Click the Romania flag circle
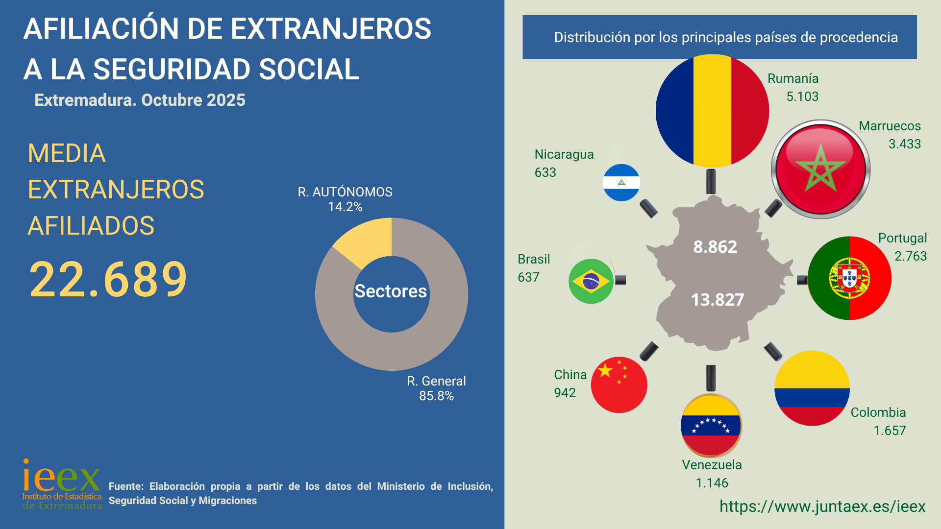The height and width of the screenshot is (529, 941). tap(712, 111)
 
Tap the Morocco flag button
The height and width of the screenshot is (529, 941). tap(820, 169)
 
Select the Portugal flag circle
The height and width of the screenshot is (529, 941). tap(849, 278)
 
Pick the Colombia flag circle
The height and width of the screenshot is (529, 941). tap(812, 388)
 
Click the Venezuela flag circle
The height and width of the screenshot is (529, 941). tap(711, 425)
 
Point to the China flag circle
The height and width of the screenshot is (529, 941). tap(619, 385)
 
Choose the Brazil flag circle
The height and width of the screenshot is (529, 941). tap(591, 281)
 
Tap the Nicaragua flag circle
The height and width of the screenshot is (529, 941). tap(621, 182)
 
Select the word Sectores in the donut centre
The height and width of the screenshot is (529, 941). tap(391, 291)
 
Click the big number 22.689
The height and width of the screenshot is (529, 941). tap(108, 280)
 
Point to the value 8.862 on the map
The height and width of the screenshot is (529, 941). tap(715, 247)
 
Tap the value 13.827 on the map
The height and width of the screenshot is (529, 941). tap(718, 300)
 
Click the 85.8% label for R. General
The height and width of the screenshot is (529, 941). tap(436, 396)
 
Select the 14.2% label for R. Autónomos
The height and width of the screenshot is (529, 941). tap(345, 207)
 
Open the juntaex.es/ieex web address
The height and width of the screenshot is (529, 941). tap(822, 506)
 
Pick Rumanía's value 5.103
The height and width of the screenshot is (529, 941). tap(802, 96)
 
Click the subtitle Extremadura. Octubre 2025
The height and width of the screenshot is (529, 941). tap(140, 100)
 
